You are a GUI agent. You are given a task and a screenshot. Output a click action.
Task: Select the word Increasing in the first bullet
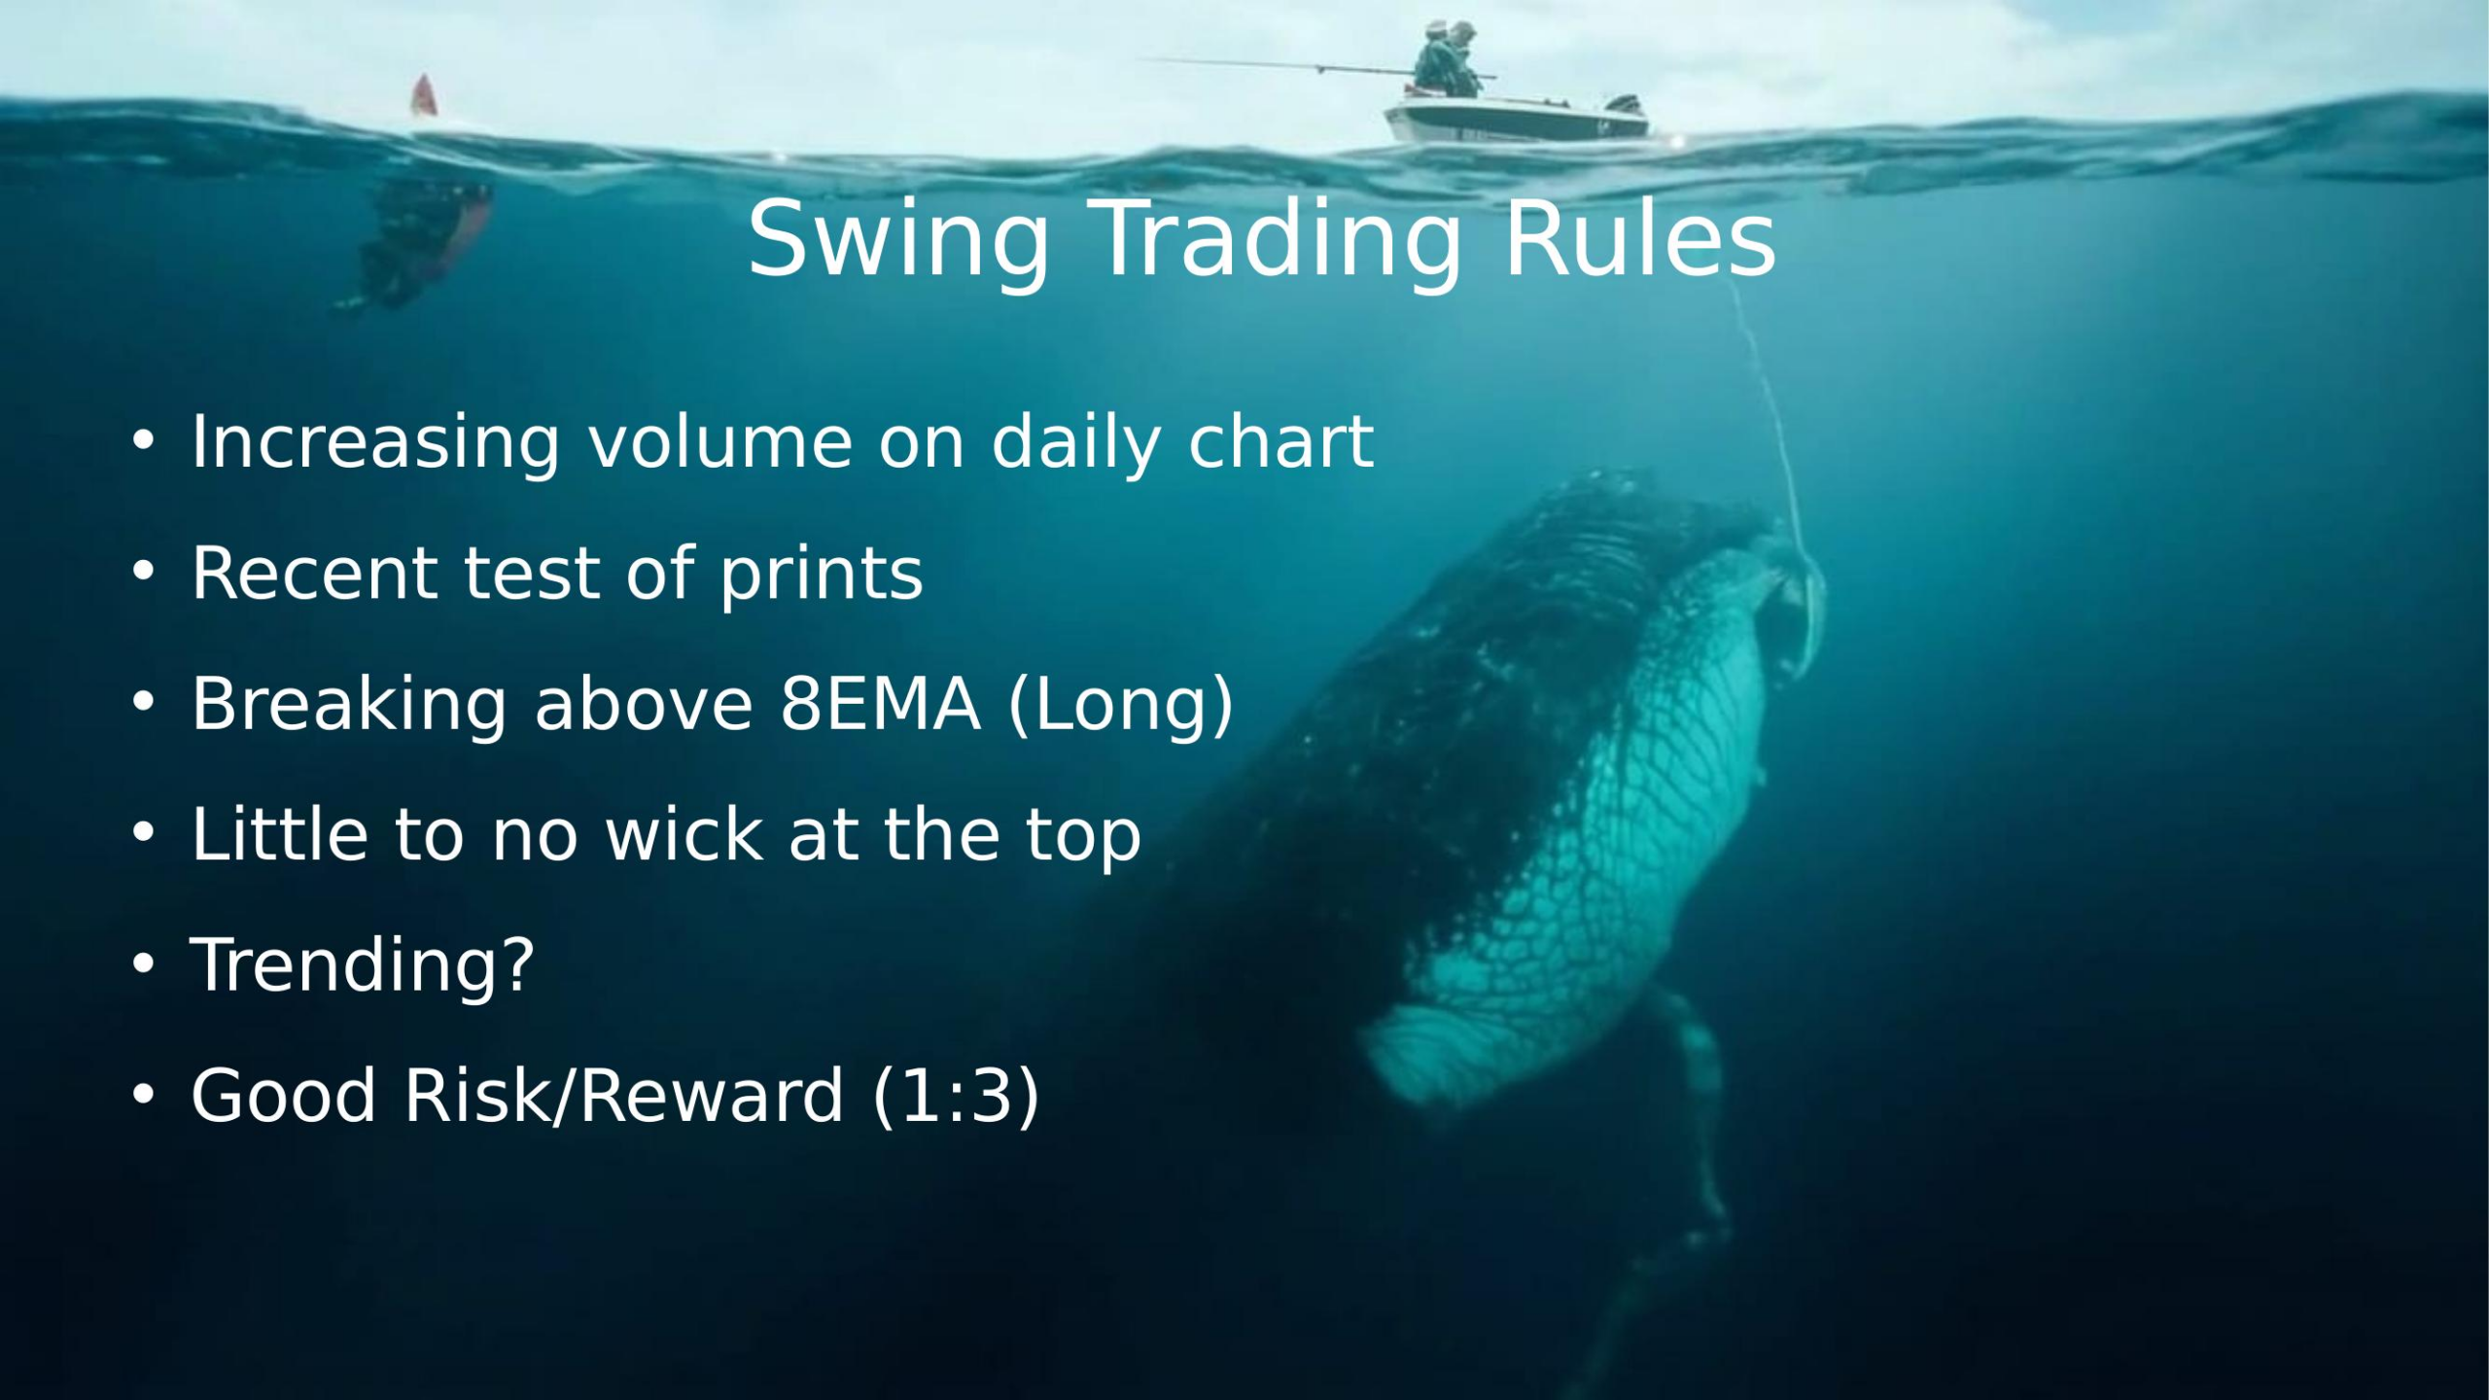tap(375, 442)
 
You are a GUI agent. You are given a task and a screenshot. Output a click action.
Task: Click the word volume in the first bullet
tap(719, 442)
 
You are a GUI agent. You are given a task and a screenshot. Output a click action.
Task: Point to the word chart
tap(1280, 442)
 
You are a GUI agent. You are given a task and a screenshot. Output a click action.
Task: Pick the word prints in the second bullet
tap(822, 574)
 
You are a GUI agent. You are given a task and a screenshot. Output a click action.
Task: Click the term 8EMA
tap(880, 704)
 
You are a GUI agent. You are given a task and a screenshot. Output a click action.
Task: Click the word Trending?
tap(362, 964)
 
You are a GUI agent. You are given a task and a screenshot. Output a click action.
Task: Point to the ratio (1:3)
tap(956, 1096)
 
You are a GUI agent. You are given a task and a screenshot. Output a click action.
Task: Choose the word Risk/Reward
tap(623, 1096)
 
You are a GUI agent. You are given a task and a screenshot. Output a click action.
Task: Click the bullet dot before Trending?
tap(143, 965)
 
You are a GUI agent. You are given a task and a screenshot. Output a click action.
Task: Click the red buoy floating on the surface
tap(423, 97)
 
